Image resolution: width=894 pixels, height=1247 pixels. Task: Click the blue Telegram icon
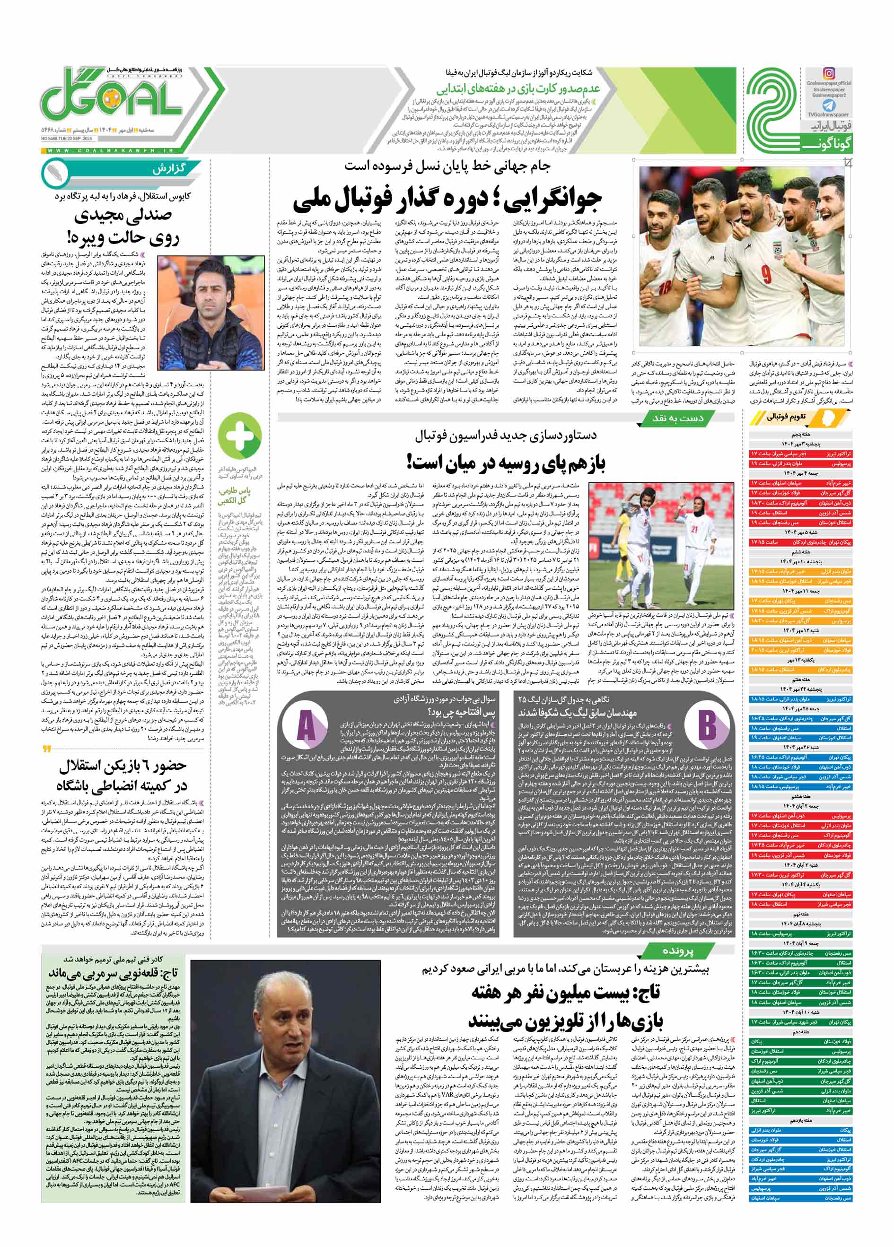coord(829,105)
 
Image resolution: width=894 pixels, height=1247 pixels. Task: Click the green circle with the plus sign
coord(239,436)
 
